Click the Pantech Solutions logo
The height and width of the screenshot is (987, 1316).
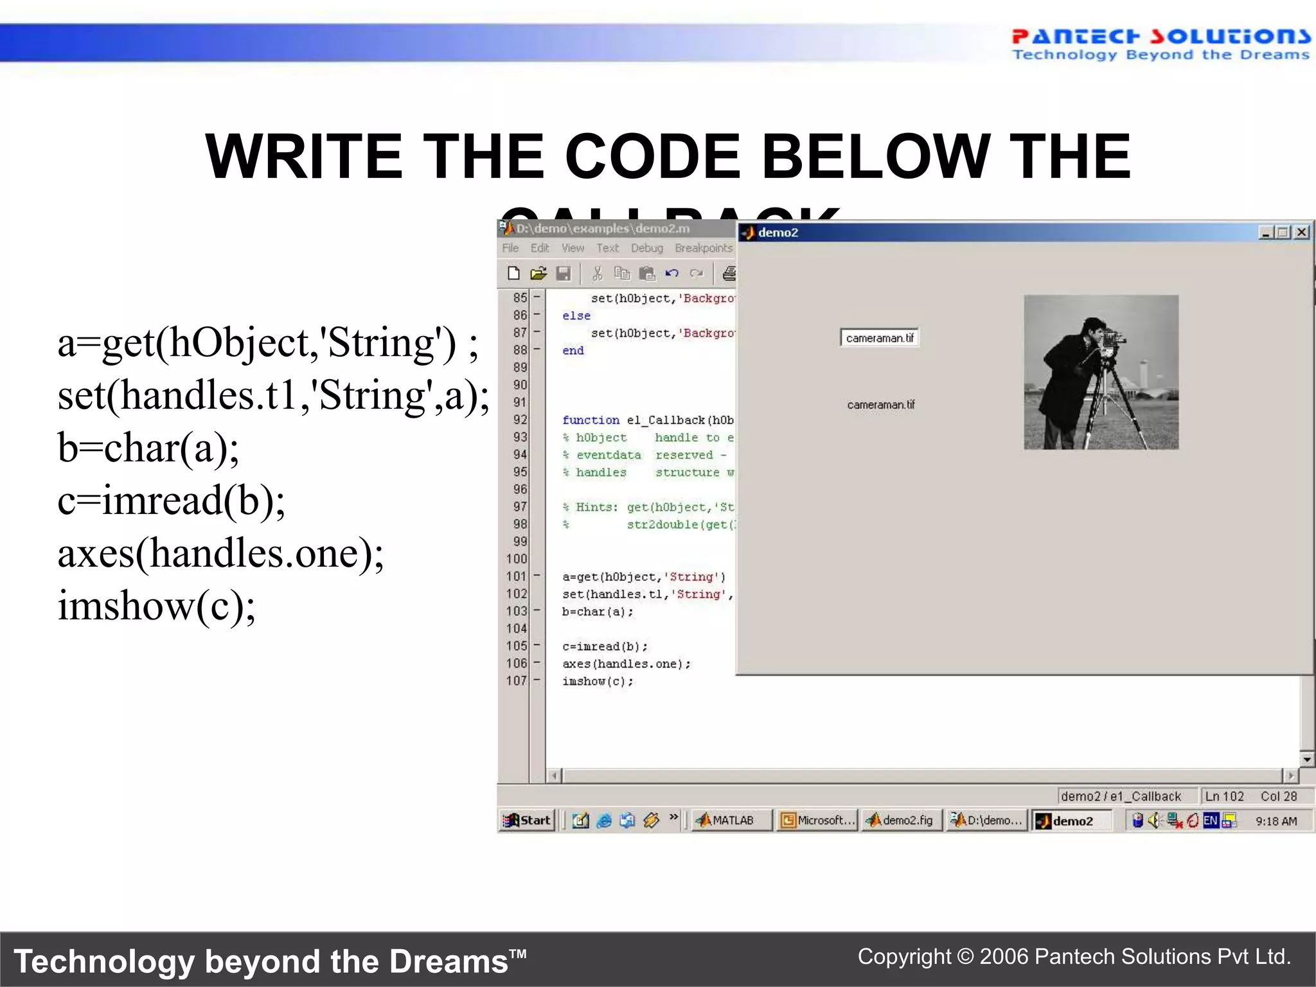[x=1160, y=44]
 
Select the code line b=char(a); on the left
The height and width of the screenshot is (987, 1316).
[x=148, y=447]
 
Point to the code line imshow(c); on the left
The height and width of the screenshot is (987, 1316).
[x=157, y=605]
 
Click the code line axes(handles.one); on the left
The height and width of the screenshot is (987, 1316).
[x=220, y=553]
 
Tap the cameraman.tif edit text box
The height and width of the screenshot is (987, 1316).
[x=879, y=338]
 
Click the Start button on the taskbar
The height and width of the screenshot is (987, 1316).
[x=528, y=821]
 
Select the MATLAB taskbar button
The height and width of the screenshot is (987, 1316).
[x=731, y=821]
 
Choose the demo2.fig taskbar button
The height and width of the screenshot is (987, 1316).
[x=901, y=821]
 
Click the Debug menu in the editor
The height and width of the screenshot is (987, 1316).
[x=646, y=248]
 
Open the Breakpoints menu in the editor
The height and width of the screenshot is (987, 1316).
[x=704, y=248]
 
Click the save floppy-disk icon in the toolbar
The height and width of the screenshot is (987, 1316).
[x=564, y=274]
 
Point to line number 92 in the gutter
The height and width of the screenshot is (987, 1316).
[x=520, y=420]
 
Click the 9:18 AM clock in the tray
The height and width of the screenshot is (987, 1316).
[x=1276, y=821]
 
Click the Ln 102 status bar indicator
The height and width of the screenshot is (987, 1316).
[x=1224, y=797]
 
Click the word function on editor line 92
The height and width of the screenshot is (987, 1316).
[x=591, y=420]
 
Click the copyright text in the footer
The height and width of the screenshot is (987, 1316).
[x=1074, y=957]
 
